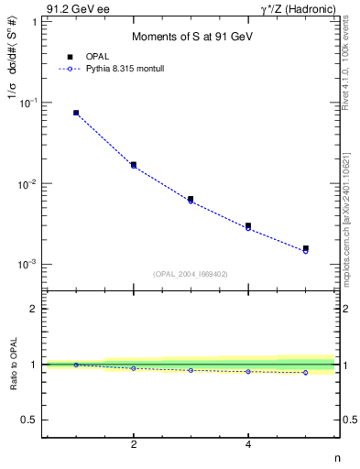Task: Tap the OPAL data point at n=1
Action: click(76, 113)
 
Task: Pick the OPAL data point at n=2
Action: click(134, 165)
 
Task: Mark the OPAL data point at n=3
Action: click(191, 199)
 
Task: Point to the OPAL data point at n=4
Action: click(248, 225)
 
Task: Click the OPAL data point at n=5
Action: click(306, 248)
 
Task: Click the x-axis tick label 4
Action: click(248, 444)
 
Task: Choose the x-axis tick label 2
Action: click(134, 444)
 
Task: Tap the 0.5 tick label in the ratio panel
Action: click(28, 420)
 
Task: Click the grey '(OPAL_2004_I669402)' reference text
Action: click(191, 274)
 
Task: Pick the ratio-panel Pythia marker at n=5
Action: click(306, 372)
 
